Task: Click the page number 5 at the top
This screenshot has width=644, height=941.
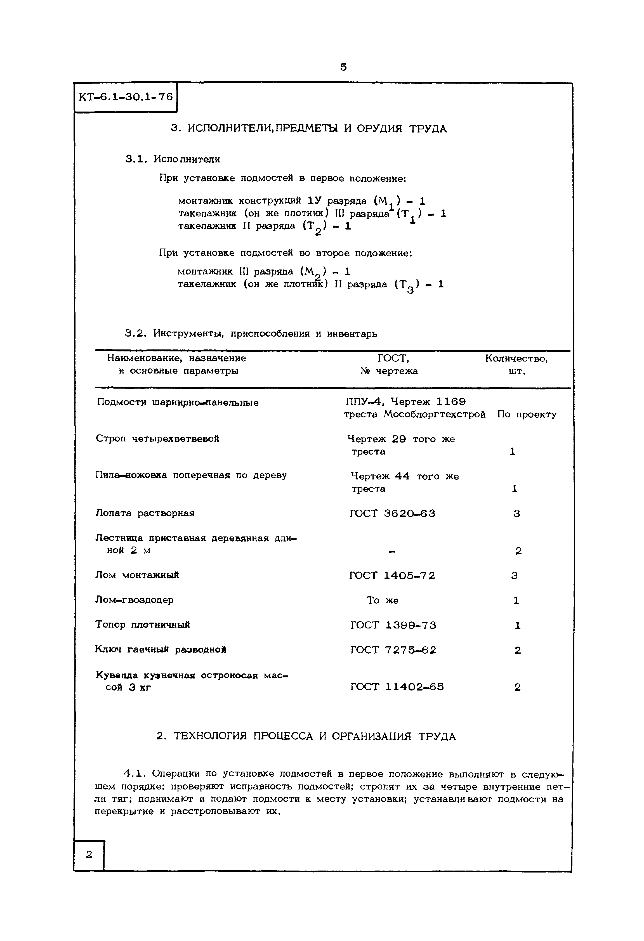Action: click(343, 67)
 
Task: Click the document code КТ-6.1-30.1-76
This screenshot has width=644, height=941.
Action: click(126, 97)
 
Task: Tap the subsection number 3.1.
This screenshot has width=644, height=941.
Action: click(135, 159)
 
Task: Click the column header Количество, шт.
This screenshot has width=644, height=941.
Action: click(516, 365)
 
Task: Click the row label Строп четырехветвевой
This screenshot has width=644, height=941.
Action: click(157, 439)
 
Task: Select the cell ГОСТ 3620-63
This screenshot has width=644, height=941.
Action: click(392, 514)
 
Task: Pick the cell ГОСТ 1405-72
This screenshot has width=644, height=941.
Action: click(392, 575)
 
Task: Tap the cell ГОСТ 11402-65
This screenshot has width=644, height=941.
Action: click(397, 687)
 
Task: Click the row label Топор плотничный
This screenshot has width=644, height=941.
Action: click(143, 625)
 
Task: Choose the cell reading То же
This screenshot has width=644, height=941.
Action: click(382, 600)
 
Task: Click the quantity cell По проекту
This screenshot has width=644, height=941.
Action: click(527, 414)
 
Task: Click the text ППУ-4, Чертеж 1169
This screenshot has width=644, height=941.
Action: click(405, 402)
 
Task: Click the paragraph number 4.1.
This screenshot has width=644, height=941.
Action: click(133, 774)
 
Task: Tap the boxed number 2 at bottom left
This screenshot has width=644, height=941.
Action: click(89, 854)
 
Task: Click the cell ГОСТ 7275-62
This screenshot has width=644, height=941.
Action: click(393, 650)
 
